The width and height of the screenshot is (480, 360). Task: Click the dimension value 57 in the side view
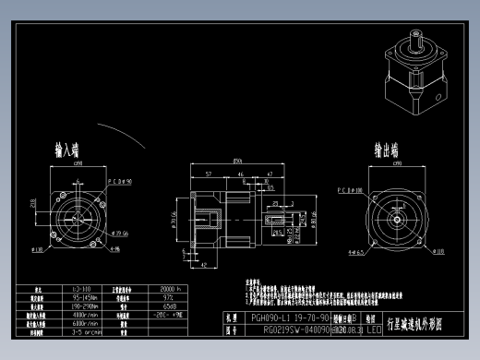pos(209,174)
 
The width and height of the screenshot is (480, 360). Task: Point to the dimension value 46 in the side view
pos(241,174)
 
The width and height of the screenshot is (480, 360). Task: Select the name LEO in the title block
pos(374,329)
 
